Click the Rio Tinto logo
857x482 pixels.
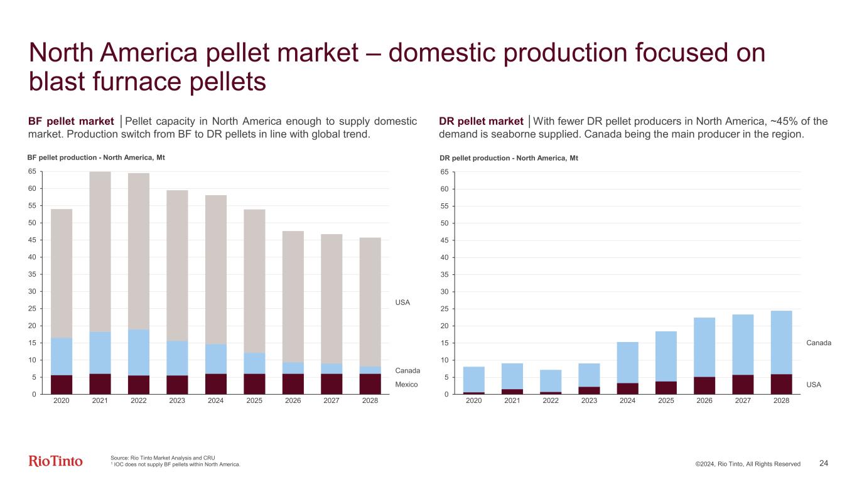pos(55,461)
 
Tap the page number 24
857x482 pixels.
pos(824,463)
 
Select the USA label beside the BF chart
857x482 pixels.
pos(402,303)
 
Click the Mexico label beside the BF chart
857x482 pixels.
pos(406,384)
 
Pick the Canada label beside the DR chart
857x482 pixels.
pos(819,343)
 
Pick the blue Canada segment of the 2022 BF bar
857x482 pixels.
pos(139,352)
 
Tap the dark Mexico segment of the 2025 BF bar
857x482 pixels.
pos(254,384)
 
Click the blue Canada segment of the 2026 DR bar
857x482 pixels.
pos(704,347)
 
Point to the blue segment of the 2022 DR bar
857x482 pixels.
pos(550,380)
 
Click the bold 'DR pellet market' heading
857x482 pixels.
pos(482,121)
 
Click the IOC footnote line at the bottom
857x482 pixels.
pos(176,464)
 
